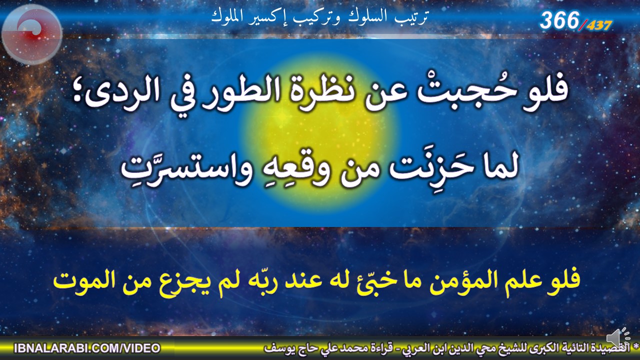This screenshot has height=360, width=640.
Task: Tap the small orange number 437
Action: [599, 25]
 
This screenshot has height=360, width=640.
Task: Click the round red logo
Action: [32, 34]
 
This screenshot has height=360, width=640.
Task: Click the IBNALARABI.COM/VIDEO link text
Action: [87, 348]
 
